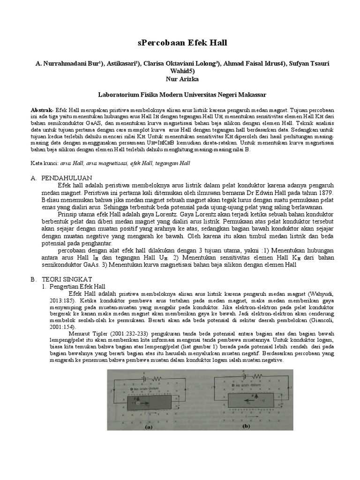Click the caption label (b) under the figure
246,427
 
